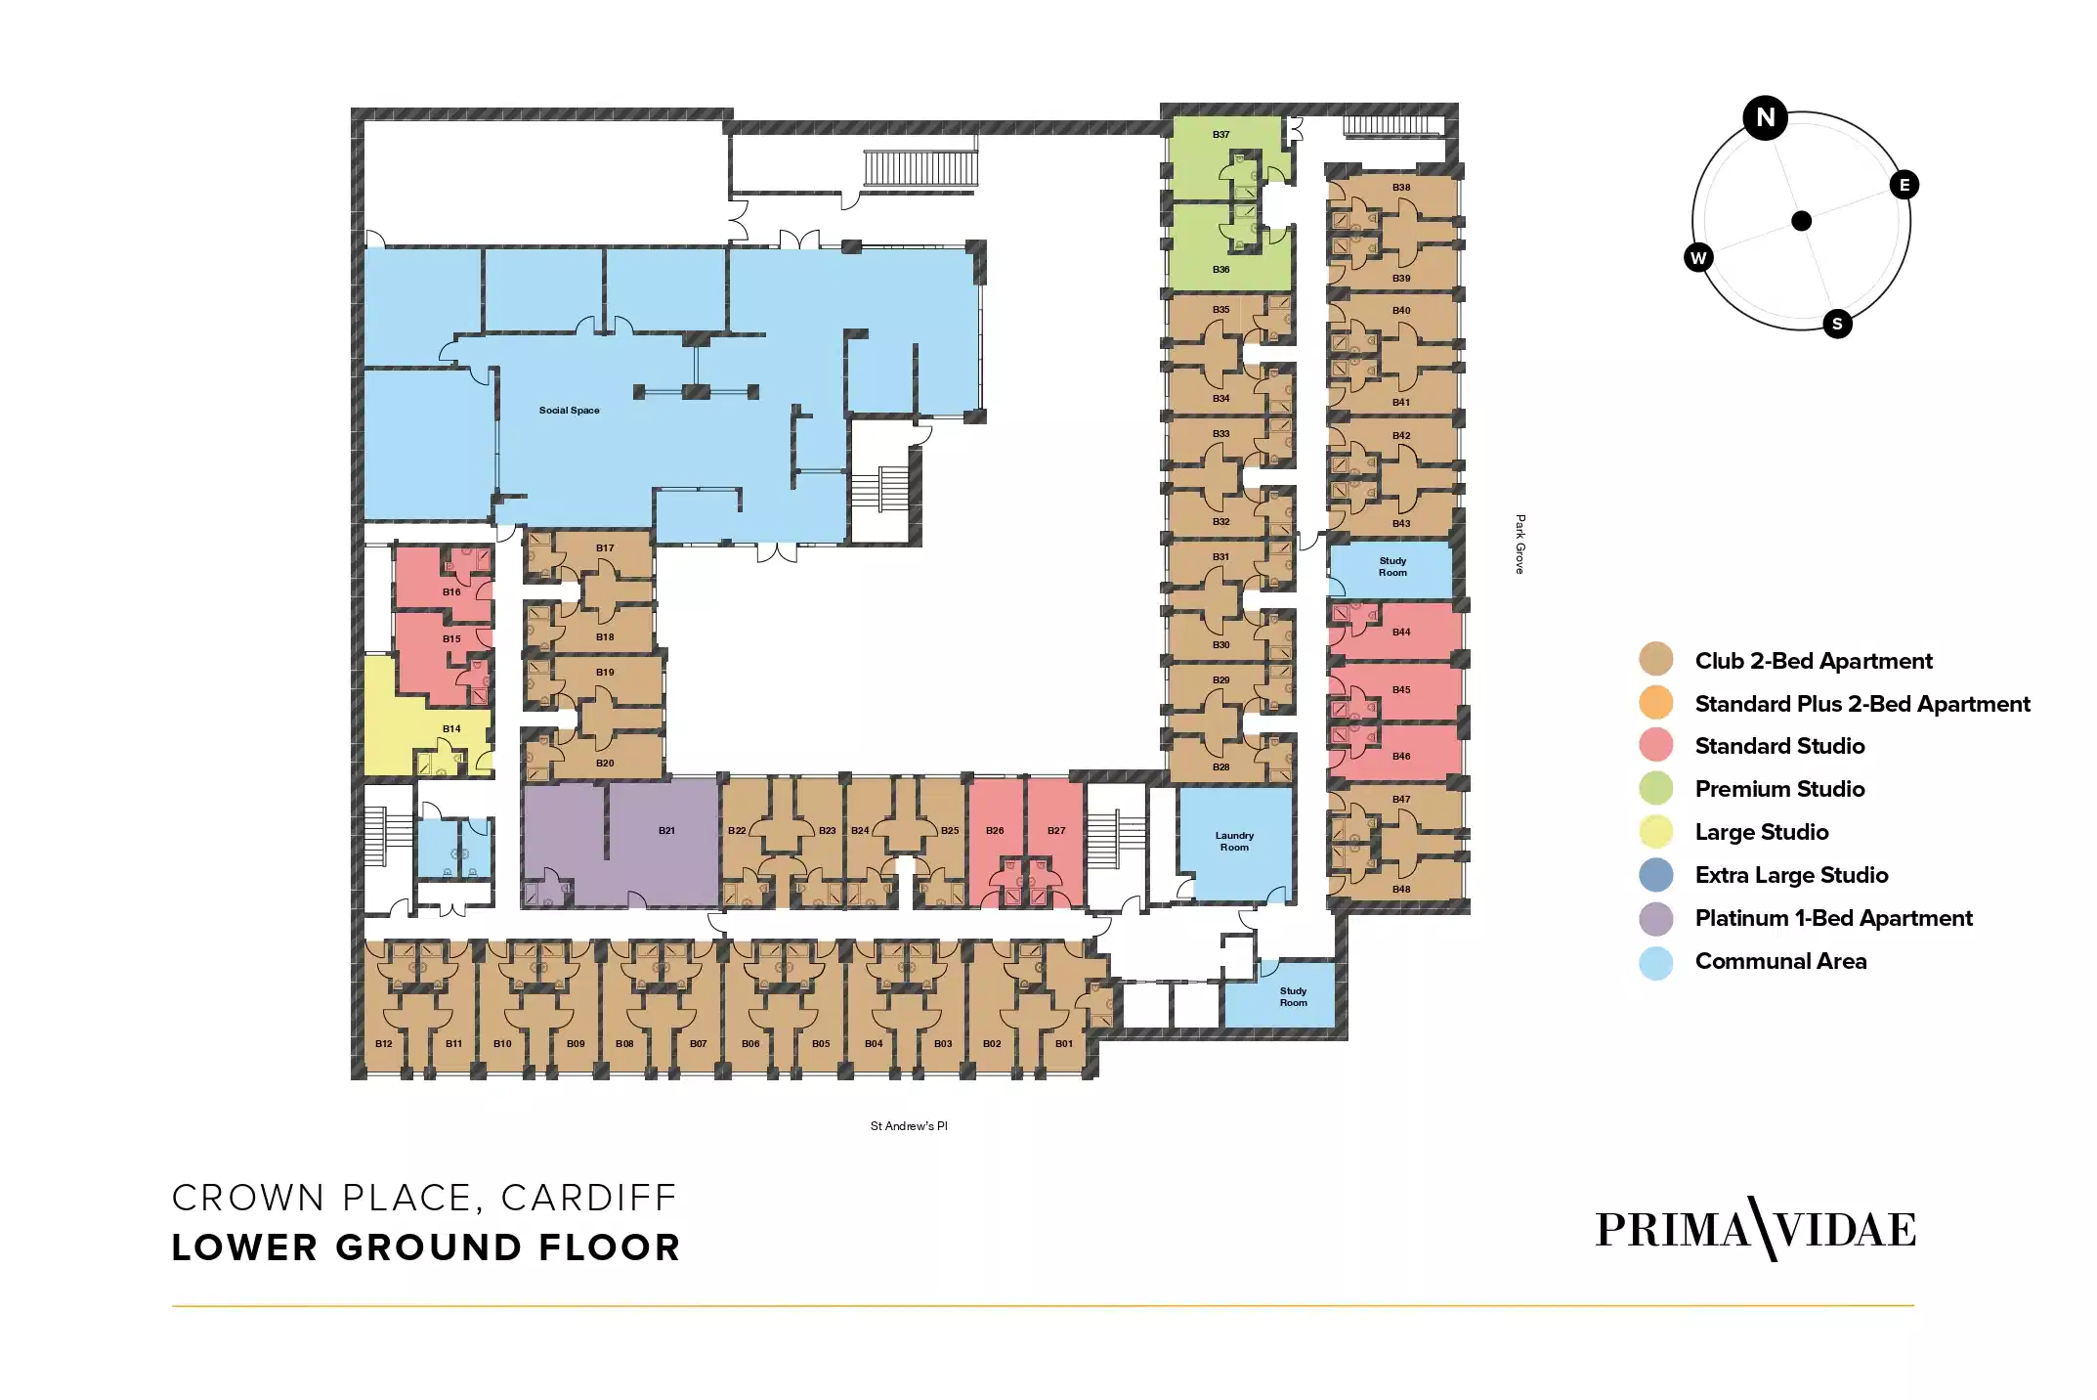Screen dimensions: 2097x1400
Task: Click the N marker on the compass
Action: [1765, 118]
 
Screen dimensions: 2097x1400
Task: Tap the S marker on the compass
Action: [1837, 324]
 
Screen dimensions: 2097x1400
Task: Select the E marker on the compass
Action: [1904, 185]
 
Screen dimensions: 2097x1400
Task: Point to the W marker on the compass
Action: [1698, 258]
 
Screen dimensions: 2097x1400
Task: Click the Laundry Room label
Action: [1234, 841]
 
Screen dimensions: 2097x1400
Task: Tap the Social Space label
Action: [569, 411]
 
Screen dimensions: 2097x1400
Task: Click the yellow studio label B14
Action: [451, 728]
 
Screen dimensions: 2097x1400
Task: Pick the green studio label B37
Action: [1220, 135]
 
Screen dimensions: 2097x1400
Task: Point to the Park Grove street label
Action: [1519, 544]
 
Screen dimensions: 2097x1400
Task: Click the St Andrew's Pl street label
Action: [909, 1126]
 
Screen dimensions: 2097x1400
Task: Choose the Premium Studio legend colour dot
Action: [1655, 788]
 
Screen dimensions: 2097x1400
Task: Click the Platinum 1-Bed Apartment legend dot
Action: [1655, 918]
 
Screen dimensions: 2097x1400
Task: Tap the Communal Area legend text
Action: [1780, 961]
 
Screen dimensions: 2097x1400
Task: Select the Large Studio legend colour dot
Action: [1655, 832]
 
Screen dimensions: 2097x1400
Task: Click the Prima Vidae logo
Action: [1755, 1229]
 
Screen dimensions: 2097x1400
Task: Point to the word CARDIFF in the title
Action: [589, 1198]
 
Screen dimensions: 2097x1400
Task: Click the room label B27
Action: [1056, 830]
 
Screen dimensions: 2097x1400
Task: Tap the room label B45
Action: [1401, 689]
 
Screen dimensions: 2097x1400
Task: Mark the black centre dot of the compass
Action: [1801, 221]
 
